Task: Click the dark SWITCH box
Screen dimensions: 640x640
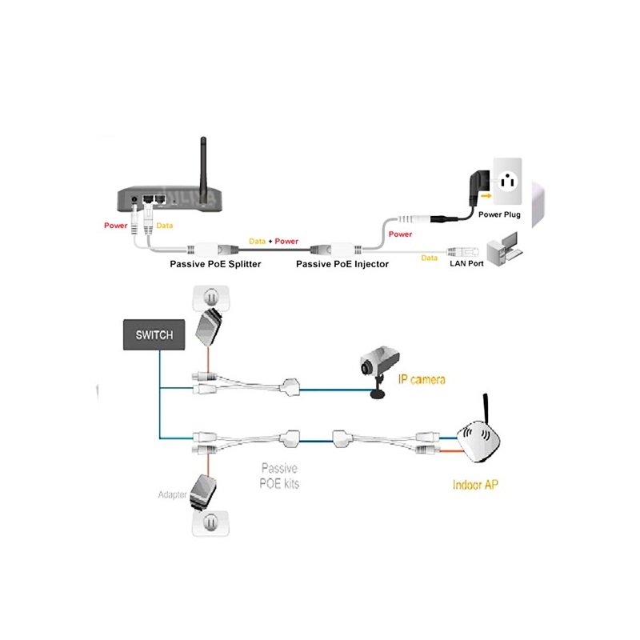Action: [x=154, y=334]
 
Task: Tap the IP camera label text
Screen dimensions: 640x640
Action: [x=421, y=378]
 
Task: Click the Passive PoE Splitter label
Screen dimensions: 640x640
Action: [x=215, y=263]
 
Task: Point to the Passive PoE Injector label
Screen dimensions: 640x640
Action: [x=342, y=263]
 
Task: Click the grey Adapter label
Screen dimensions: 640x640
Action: [x=171, y=495]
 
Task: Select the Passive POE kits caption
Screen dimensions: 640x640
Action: [x=280, y=477]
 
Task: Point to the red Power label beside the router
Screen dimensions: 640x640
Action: [x=115, y=226]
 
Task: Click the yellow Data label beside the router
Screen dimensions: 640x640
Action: [x=164, y=226]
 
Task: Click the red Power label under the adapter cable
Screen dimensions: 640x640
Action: [x=400, y=234]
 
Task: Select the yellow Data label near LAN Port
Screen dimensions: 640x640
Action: [x=430, y=258]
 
